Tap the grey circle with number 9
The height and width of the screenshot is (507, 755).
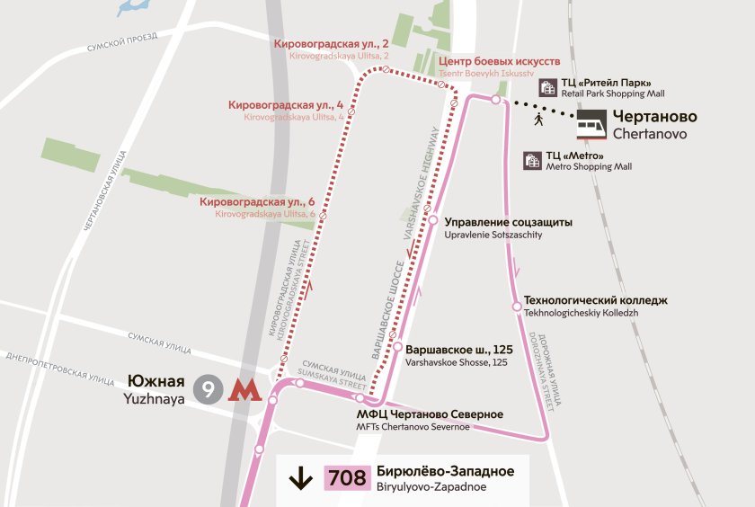tap(209, 389)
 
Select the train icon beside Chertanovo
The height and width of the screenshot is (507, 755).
tap(591, 123)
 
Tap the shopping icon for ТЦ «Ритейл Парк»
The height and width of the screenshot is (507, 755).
tap(547, 87)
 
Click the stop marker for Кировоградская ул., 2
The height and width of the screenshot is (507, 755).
tap(386, 69)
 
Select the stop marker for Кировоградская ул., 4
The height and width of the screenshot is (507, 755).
tap(351, 112)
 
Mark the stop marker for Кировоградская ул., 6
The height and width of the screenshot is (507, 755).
tap(323, 216)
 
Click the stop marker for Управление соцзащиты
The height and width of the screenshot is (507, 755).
tap(432, 220)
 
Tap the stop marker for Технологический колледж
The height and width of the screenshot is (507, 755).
tap(517, 307)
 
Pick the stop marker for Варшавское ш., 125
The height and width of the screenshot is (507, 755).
tap(396, 347)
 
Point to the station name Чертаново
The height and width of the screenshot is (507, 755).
tap(654, 116)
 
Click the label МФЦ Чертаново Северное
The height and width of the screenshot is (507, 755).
tap(430, 414)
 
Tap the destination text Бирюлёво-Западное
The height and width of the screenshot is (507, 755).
tap(446, 471)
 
